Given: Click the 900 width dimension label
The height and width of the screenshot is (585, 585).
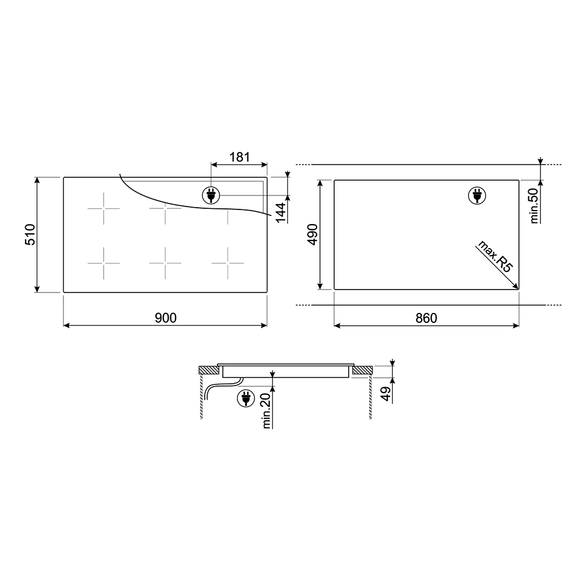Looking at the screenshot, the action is pos(166,318).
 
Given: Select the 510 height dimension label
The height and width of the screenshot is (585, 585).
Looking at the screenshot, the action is pos(30,235).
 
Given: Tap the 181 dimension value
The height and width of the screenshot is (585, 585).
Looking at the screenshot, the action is pos(239,157).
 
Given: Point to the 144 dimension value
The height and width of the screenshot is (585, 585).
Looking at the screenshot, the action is pos(281,213).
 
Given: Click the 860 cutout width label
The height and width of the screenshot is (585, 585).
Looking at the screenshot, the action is pos(426,318).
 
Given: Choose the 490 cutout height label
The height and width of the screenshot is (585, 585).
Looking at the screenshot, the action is pos(312,235).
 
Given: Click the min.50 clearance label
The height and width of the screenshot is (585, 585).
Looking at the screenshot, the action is pos(534,205).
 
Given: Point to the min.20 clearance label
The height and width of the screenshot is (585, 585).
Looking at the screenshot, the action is pos(266,411).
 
